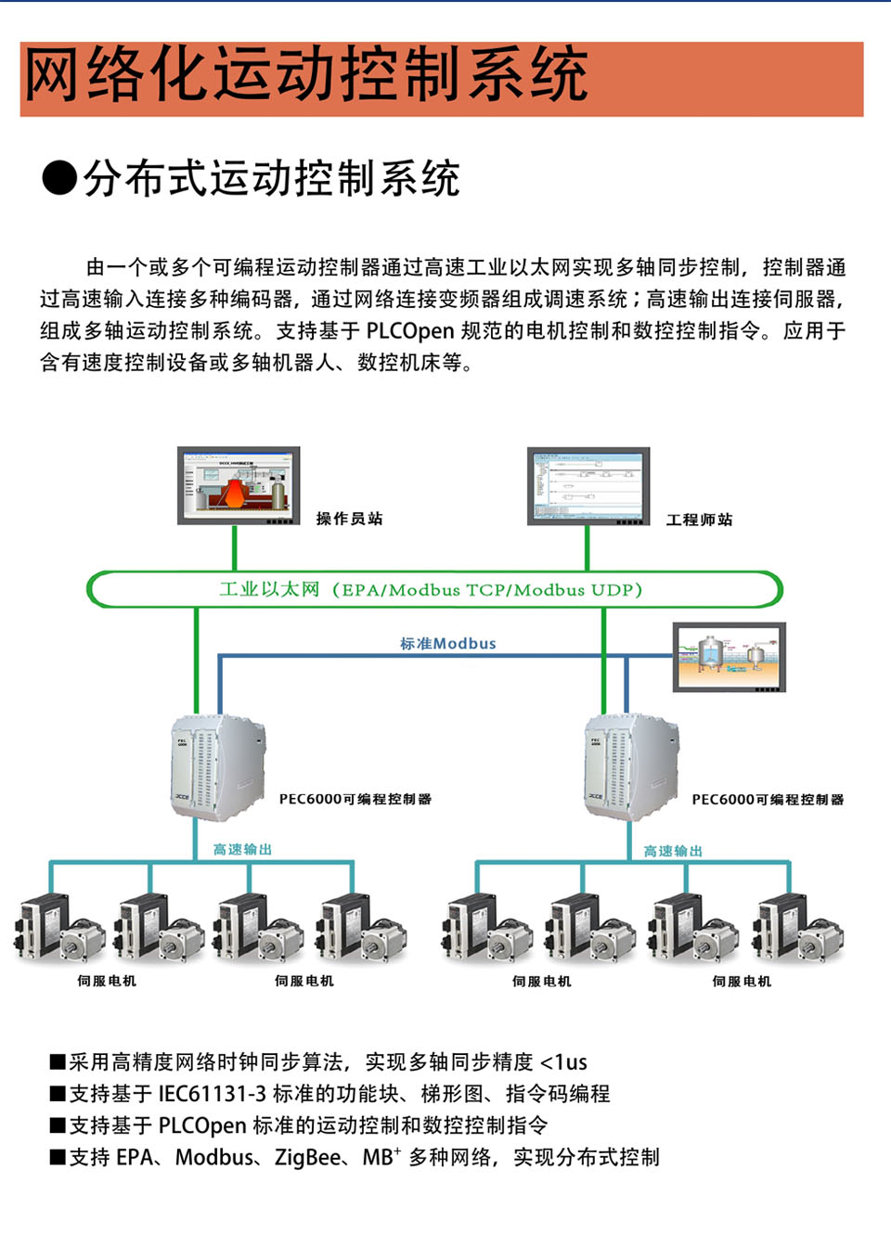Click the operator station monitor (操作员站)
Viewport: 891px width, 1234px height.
click(x=239, y=485)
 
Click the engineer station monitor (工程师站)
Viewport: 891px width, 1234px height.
click(x=588, y=485)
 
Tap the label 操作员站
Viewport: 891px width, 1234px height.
click(x=349, y=519)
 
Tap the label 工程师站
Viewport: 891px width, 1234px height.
click(x=699, y=520)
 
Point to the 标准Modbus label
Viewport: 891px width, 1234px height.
click(x=447, y=643)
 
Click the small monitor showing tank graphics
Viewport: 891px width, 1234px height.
click(x=729, y=657)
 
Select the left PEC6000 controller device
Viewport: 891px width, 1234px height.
click(x=216, y=767)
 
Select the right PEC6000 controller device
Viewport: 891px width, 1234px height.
click(x=629, y=767)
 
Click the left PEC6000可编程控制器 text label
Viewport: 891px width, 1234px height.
click(x=355, y=799)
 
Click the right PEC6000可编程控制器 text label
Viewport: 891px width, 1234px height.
click(x=768, y=799)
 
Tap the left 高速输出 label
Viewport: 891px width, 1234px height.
click(x=242, y=849)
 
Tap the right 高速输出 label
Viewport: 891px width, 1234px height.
click(x=673, y=851)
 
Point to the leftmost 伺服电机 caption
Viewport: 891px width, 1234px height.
click(x=107, y=981)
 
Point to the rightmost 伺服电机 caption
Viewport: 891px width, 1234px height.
click(x=742, y=982)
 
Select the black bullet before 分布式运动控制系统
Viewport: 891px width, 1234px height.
click(x=59, y=177)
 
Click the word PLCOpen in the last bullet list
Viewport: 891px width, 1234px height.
click(x=201, y=1125)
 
